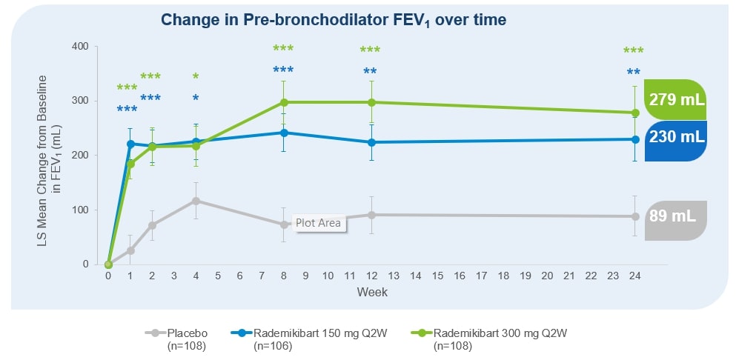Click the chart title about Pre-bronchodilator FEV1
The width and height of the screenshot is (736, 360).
[x=334, y=20]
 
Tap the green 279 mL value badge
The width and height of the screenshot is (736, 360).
[x=677, y=100]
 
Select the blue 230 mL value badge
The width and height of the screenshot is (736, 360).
[x=677, y=139]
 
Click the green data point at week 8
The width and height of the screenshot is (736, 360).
[x=284, y=102]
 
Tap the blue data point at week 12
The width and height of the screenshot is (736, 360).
[x=371, y=142]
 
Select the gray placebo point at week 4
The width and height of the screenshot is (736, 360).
[x=196, y=201]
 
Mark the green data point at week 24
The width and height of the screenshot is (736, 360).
[x=634, y=113]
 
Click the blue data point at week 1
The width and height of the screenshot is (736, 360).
[x=130, y=144]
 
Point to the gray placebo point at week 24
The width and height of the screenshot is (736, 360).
[x=634, y=216]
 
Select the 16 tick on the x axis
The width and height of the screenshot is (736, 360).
[x=459, y=276]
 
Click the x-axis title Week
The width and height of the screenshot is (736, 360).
[x=371, y=292]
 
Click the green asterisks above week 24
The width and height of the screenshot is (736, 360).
[x=634, y=51]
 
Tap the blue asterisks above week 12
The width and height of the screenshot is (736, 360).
[x=371, y=72]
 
